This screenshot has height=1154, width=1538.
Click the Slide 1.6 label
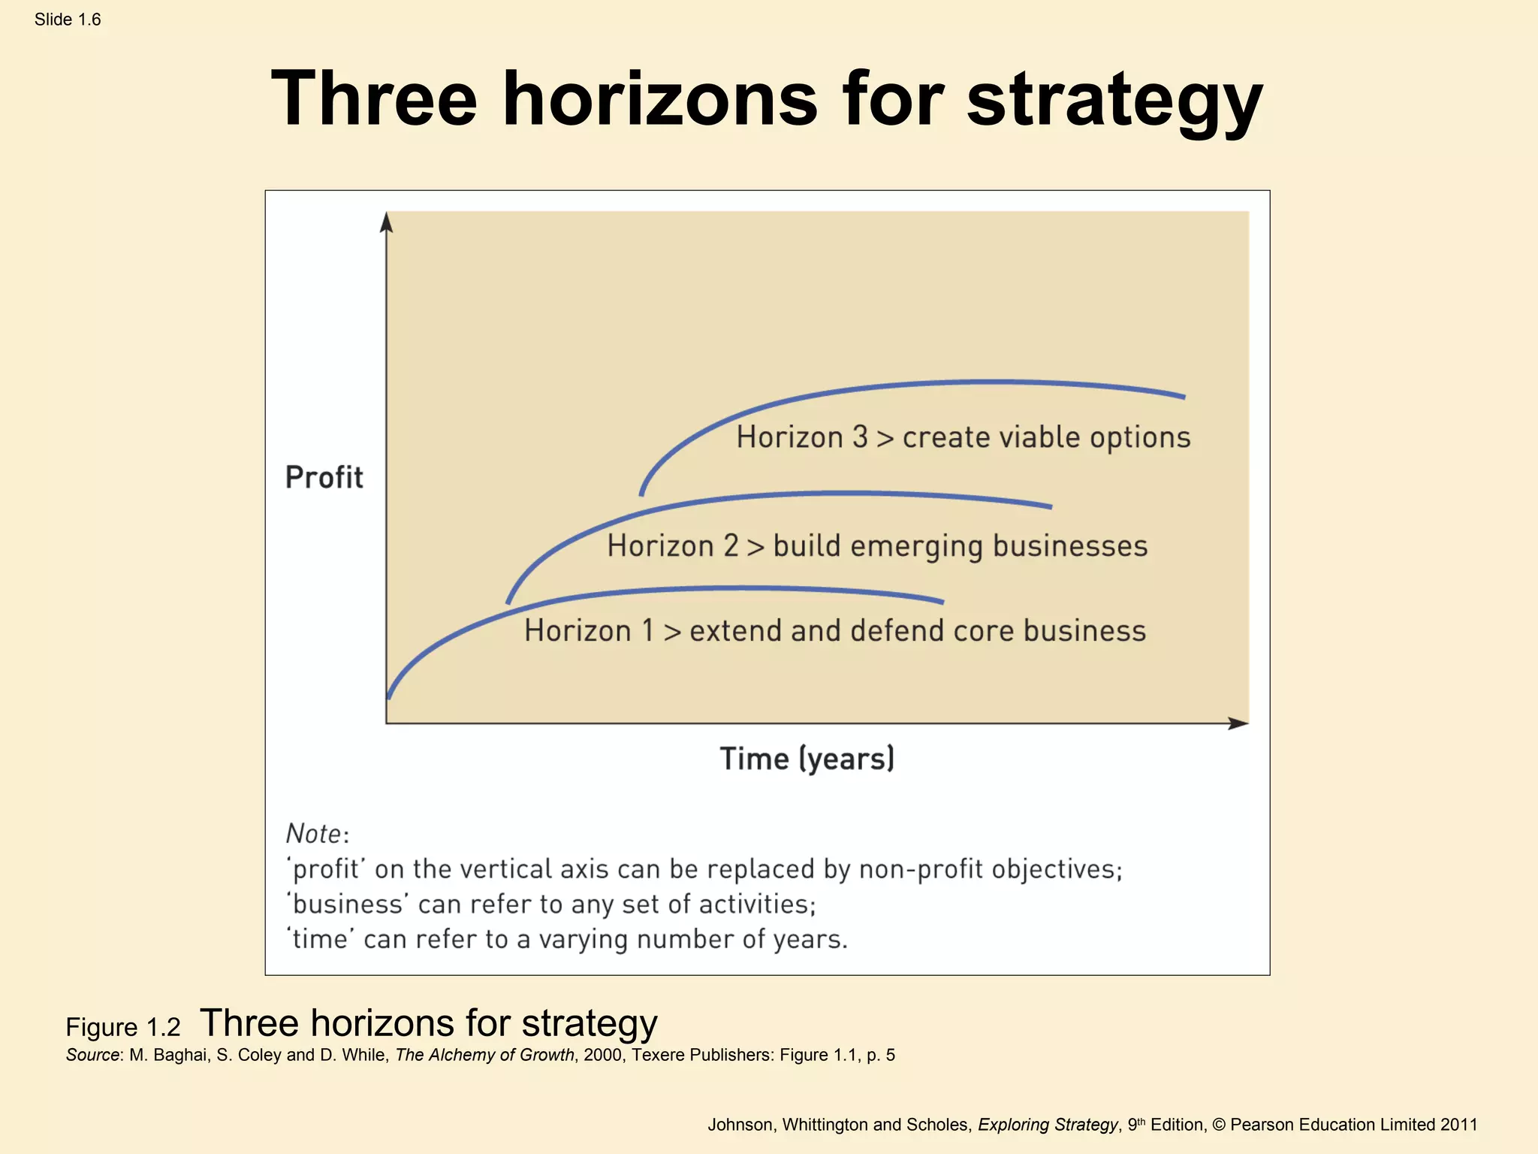[x=68, y=20]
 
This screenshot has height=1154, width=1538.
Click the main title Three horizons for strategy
[x=767, y=99]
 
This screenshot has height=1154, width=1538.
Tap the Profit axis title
[x=324, y=478]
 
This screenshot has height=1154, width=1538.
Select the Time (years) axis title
[x=807, y=759]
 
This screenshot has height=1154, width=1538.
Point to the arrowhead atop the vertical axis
[x=386, y=222]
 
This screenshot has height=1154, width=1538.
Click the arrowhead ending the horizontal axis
[x=1238, y=723]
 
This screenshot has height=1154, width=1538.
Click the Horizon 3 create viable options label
[x=963, y=437]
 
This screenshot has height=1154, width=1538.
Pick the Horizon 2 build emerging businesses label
[x=877, y=546]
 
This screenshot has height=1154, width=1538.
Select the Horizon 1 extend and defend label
[x=835, y=631]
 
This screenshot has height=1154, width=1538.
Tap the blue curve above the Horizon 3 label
[x=976, y=382]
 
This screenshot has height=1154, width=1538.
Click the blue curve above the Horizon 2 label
[x=826, y=494]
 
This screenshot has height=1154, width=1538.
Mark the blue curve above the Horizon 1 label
[x=721, y=588]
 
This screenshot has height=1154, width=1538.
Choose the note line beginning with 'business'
[x=551, y=905]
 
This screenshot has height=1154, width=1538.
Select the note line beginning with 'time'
[x=567, y=939]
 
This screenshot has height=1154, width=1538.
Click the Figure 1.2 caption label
[x=123, y=1027]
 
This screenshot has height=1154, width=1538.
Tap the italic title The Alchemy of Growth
[x=484, y=1055]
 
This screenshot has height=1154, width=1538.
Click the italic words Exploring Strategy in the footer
[x=1048, y=1125]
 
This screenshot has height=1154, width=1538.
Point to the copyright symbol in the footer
[x=1218, y=1125]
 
